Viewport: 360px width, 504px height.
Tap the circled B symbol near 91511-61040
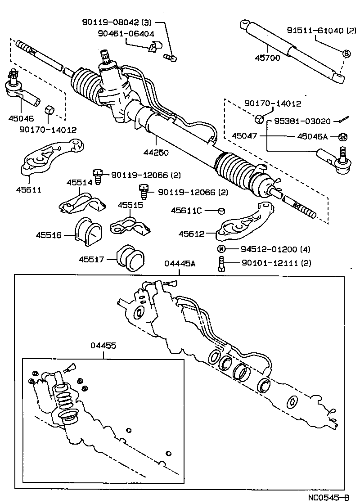pyautogui.click(x=346, y=54)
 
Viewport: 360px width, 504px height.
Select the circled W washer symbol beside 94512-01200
pyautogui.click(x=221, y=249)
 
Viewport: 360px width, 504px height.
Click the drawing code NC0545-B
pyautogui.click(x=328, y=497)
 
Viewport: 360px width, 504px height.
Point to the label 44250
pyautogui.click(x=156, y=152)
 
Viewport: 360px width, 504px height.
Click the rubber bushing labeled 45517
pyautogui.click(x=131, y=258)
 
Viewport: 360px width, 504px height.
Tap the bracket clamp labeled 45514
pyautogui.click(x=82, y=202)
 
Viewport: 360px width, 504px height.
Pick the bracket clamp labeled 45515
pyautogui.click(x=130, y=225)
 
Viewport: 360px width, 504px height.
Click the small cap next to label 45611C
pyautogui.click(x=221, y=211)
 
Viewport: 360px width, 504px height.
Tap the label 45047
pyautogui.click(x=246, y=135)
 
